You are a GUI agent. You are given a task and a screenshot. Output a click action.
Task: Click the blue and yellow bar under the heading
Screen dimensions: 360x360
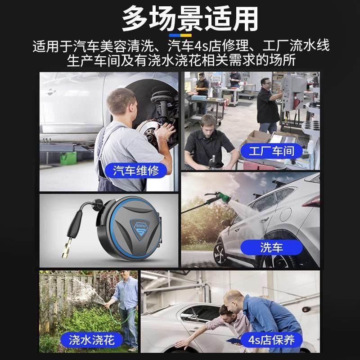click(180, 35)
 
